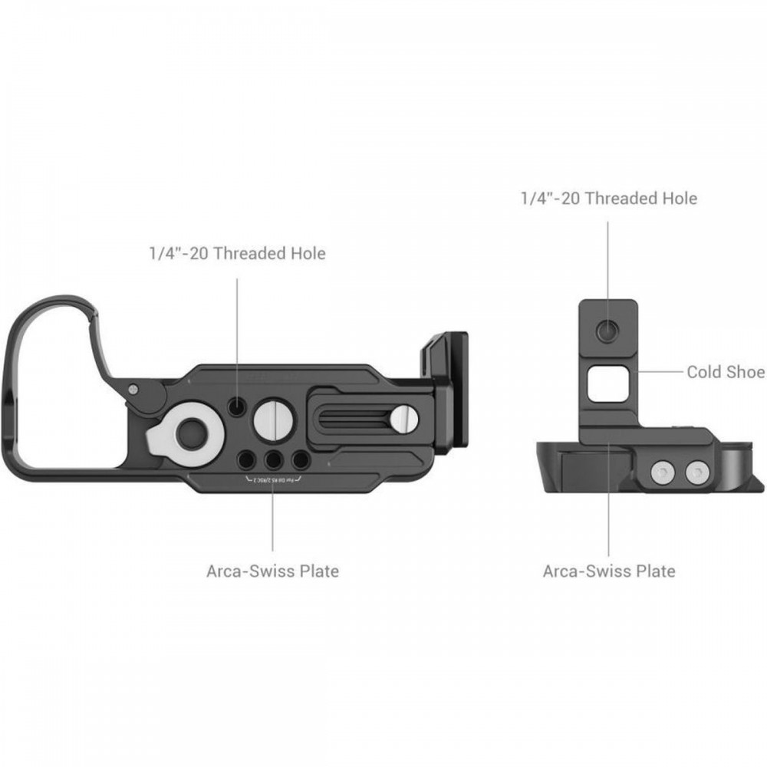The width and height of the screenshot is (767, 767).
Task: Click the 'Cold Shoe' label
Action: coord(725,372)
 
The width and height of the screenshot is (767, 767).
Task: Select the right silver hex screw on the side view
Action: coord(695,473)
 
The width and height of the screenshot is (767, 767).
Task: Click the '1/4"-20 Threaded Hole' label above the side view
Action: coord(608,198)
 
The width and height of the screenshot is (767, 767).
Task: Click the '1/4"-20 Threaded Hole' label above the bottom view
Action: coord(237,253)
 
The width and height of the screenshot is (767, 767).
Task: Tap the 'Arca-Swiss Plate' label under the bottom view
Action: coord(272,571)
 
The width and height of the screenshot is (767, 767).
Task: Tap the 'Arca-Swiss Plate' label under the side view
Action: coord(609,571)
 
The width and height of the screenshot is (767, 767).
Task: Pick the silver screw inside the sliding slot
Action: coord(403,418)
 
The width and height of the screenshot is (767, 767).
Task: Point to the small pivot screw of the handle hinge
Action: coord(135,389)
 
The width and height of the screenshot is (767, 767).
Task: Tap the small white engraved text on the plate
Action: coord(273,479)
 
